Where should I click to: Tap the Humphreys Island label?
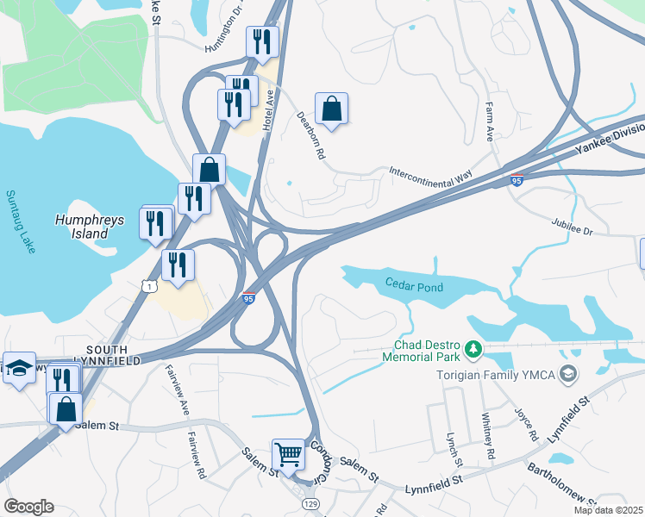click(90, 227)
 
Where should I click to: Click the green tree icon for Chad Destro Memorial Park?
click(472, 349)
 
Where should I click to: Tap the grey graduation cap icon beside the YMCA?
click(567, 374)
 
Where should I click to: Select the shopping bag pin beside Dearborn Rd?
click(331, 109)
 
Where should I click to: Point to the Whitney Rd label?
click(490, 441)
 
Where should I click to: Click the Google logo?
click(28, 507)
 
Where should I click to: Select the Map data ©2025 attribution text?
click(608, 510)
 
